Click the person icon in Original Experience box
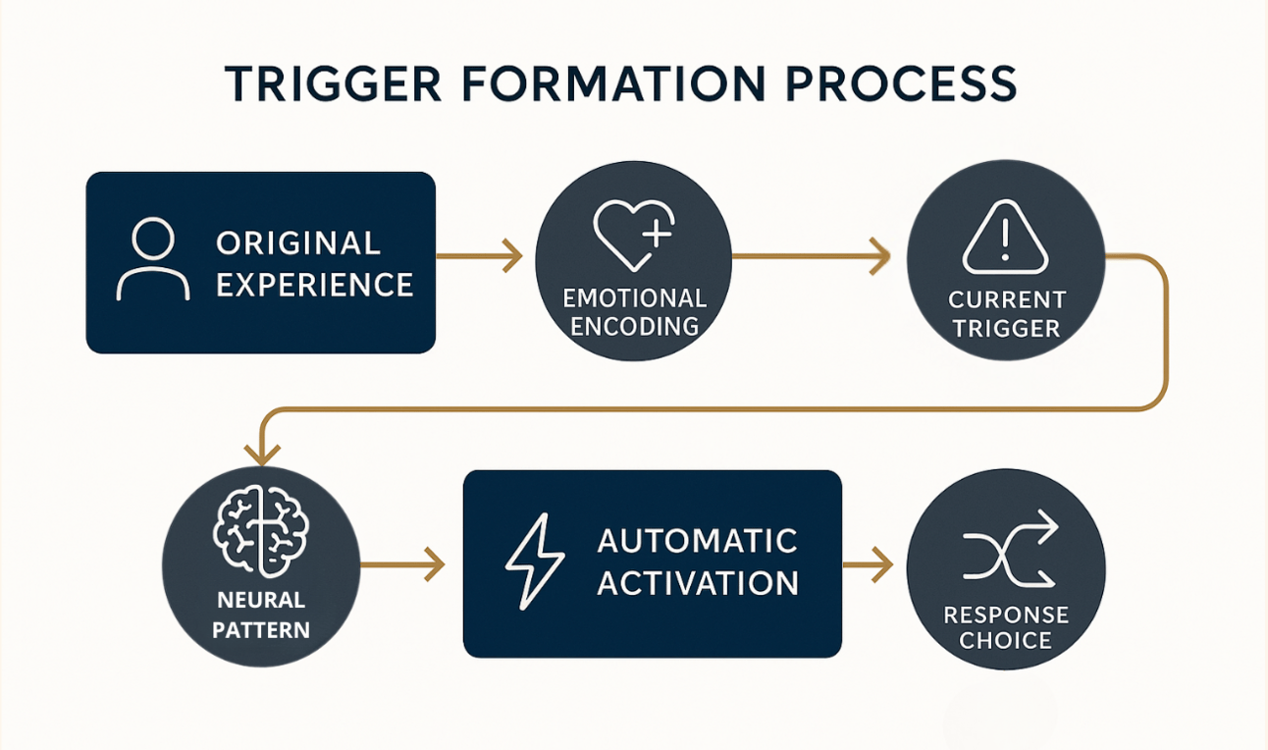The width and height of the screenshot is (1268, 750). point(152,259)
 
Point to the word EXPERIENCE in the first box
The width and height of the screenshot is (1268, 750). point(315,285)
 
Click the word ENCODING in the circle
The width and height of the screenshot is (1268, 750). point(634,326)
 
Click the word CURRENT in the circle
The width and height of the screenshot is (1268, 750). point(1007,299)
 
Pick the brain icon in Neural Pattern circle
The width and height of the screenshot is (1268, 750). point(260,534)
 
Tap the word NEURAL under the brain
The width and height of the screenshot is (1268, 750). point(261,600)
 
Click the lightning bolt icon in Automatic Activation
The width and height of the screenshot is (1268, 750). point(534,563)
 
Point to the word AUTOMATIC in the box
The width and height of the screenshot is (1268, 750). point(697,541)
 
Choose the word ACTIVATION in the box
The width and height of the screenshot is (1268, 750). point(698,583)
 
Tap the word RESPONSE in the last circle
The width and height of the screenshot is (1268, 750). point(1006,616)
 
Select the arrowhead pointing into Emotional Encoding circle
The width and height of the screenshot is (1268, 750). point(512,257)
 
